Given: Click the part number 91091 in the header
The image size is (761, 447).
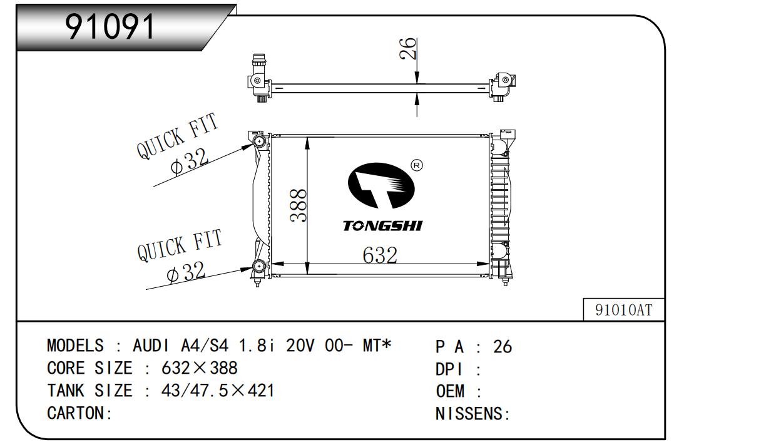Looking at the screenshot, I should coord(110,27).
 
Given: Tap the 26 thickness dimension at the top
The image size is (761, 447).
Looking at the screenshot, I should coord(407,49).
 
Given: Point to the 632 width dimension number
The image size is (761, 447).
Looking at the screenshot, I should coord(380,255).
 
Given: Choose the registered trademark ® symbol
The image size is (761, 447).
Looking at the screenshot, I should coord(417,165).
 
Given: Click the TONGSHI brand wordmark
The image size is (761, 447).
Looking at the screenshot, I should coord(382,225).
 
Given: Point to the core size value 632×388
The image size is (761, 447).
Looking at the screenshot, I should coord(199,368).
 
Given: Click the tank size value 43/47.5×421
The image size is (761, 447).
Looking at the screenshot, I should coord(217,391).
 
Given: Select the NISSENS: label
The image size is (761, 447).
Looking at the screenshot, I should coord(473,414).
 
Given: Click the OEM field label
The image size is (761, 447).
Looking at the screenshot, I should coord(451,391).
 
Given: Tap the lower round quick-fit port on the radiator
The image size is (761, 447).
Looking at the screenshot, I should coord(258,267).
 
